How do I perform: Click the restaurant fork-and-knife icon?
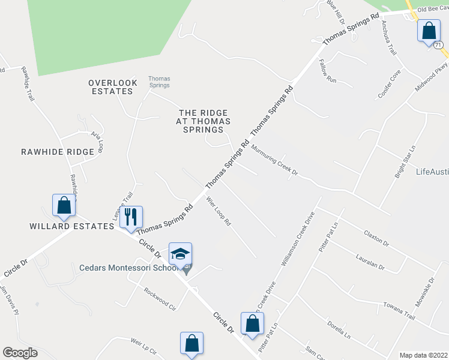131,217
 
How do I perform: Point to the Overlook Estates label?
110,87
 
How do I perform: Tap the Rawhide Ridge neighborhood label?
58,152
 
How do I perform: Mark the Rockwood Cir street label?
159,298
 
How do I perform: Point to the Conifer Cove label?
388,84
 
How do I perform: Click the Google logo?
20,353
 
